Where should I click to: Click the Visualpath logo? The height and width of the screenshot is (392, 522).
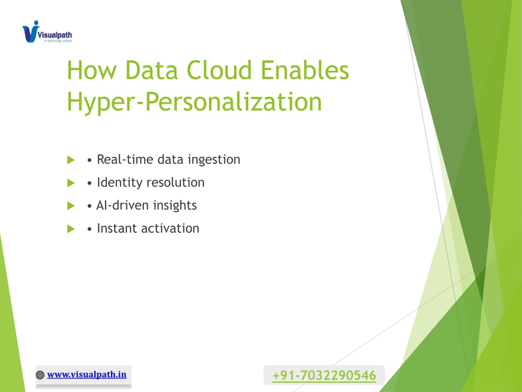47,32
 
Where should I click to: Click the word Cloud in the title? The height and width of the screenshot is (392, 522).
219,70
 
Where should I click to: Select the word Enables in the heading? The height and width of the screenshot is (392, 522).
305,70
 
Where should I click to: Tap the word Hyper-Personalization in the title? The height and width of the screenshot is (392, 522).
194,102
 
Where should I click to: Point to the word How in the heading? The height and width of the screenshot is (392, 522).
92,70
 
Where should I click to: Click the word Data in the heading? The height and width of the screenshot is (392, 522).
151,70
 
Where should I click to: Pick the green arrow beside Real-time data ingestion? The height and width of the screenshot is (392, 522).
71,160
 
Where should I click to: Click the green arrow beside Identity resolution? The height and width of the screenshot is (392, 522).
71,183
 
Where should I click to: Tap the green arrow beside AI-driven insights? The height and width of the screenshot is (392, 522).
71,206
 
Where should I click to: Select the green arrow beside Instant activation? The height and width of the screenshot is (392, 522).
71,229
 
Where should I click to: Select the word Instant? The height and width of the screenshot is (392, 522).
117,228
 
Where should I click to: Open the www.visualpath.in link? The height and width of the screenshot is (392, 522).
87,374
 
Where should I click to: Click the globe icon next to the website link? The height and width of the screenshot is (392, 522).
40,375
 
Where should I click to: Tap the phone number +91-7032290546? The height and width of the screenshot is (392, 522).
324,375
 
